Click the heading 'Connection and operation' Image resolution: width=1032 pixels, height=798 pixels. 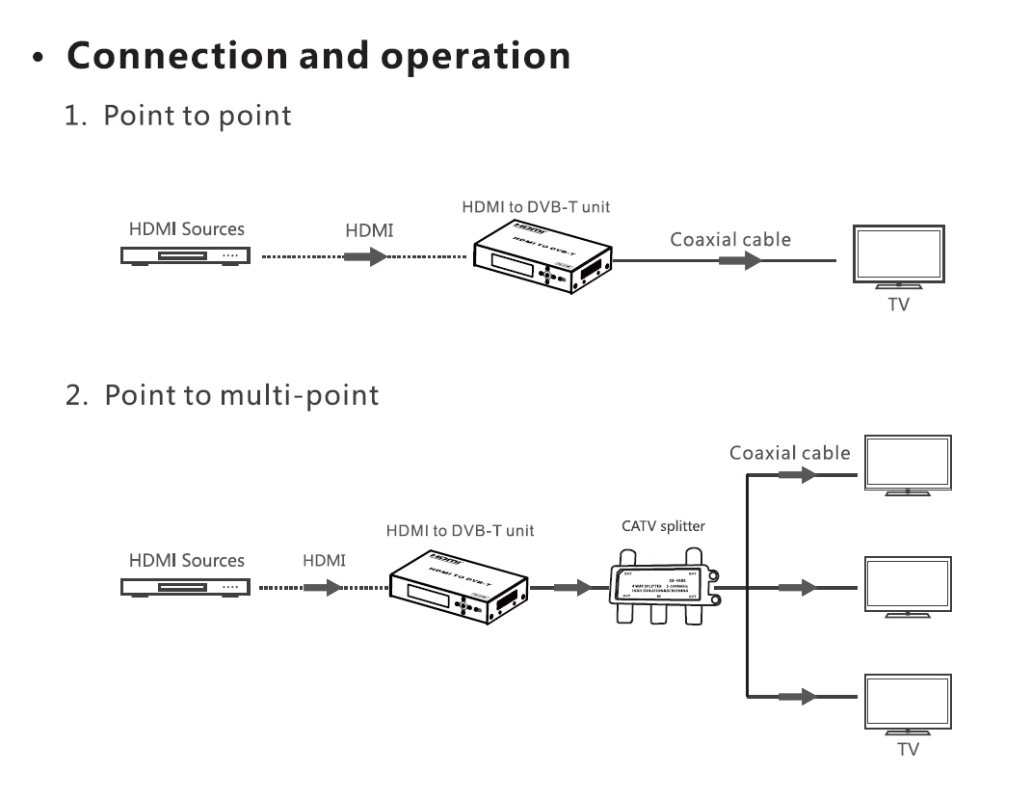pos(319,56)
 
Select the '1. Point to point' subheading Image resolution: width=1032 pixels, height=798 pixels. pos(178,116)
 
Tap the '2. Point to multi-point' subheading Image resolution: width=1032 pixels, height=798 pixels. pos(223,395)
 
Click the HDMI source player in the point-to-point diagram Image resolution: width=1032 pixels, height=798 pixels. pos(184,256)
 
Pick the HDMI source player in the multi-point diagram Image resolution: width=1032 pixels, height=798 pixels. pos(184,586)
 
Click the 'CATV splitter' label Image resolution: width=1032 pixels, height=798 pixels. pos(664,526)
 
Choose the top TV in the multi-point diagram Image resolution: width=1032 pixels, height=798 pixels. pos(909,464)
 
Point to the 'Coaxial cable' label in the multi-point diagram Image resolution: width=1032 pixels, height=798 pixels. pos(789,452)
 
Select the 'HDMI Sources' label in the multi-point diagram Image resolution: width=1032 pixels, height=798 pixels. pos(187,560)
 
